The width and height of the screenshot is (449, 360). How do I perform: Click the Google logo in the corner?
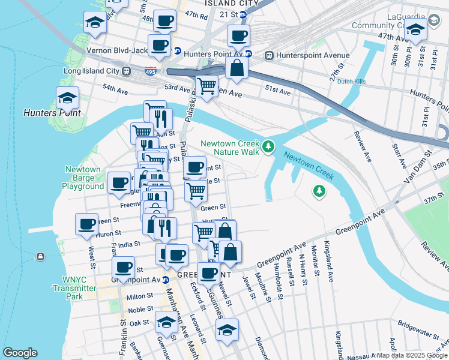coord(20,353)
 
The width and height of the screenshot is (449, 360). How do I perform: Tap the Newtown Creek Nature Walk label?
coord(230,148)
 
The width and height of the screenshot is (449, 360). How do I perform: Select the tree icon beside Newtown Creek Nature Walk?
coord(269,145)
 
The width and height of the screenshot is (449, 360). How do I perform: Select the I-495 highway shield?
coord(151,71)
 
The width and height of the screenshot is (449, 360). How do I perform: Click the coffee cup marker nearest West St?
coord(87,224)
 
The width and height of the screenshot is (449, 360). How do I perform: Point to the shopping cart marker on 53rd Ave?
coord(207,86)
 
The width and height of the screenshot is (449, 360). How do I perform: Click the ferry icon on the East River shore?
coord(40,257)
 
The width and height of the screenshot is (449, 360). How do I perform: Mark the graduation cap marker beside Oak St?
coord(166,322)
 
